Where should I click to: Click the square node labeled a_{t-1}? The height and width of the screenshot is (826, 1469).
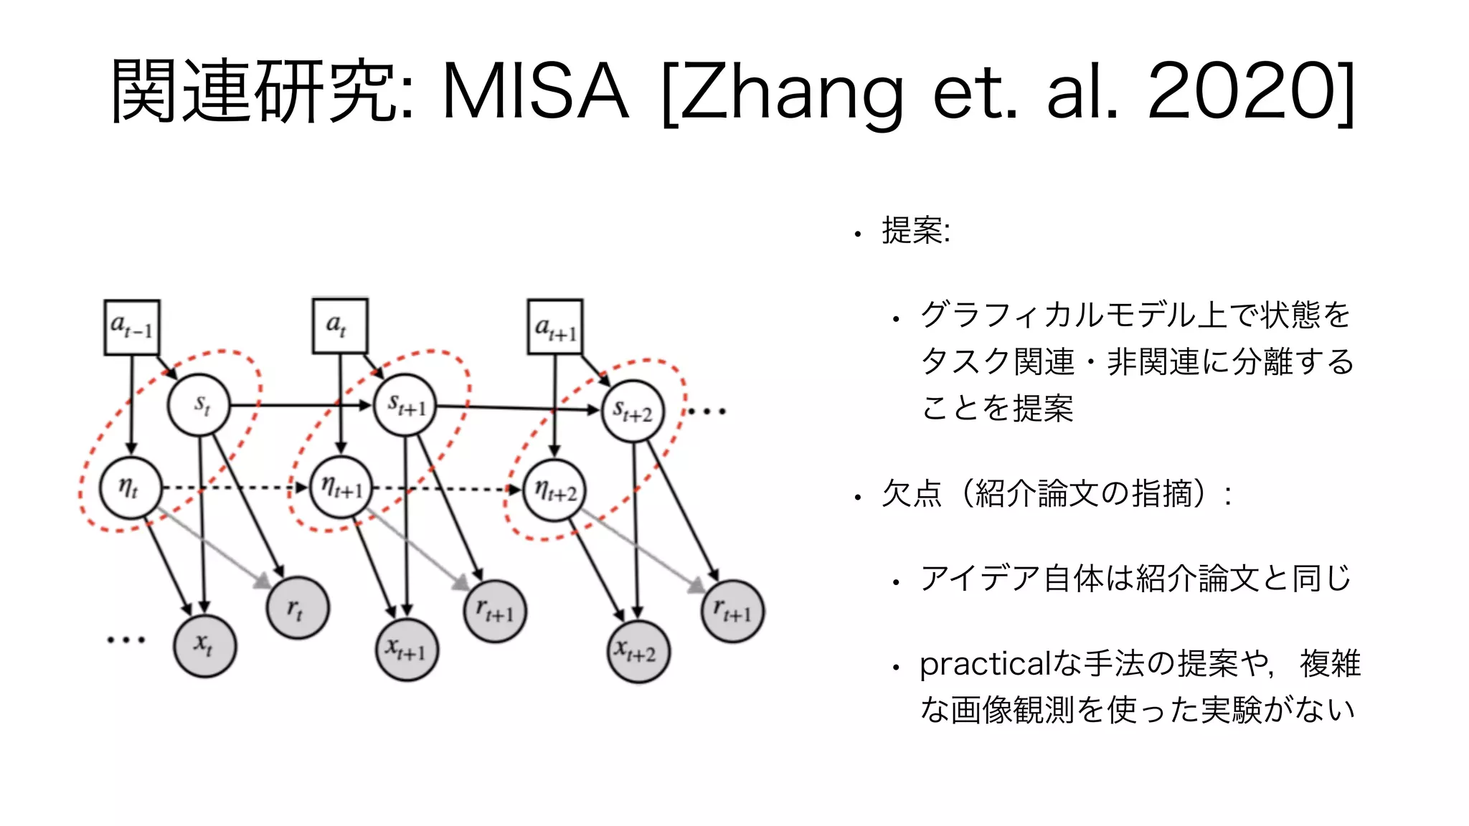(132, 328)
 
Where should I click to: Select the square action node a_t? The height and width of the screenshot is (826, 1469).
(340, 326)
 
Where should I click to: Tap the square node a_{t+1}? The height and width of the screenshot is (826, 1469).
(555, 328)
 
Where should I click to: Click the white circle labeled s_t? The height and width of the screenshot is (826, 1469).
(199, 405)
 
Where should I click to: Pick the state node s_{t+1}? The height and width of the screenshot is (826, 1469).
(405, 405)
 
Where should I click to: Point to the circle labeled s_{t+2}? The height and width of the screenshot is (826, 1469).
(632, 412)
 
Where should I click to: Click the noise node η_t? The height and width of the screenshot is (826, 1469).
(130, 488)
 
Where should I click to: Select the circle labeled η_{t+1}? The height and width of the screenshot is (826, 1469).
(341, 488)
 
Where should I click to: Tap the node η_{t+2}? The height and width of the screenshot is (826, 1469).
(554, 491)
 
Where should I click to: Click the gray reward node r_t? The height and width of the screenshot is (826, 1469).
(297, 609)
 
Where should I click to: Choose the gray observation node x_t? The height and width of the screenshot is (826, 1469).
(204, 645)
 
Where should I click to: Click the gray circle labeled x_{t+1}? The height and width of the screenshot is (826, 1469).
(407, 649)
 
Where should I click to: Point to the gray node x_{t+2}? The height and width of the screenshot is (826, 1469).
(638, 652)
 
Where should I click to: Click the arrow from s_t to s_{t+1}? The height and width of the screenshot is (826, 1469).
(301, 406)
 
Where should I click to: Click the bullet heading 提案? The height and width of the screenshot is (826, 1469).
(915, 232)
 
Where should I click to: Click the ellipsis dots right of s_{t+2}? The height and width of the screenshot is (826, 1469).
(707, 412)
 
